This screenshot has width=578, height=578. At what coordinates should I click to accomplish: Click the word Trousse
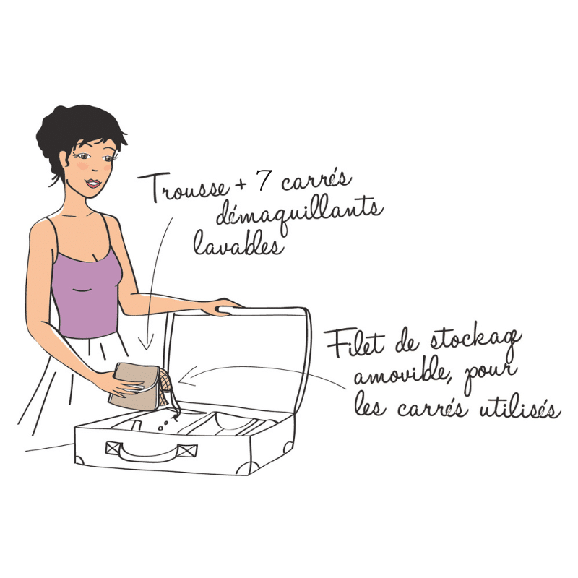pos(184,188)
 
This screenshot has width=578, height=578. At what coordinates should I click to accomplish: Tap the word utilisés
pos(519,407)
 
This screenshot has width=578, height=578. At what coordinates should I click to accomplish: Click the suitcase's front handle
pos(152,451)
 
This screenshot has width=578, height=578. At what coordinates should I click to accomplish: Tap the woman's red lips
pos(93,183)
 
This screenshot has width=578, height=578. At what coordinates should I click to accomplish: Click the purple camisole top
pos(87,288)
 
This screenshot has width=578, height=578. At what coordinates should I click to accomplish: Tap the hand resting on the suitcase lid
pos(223,306)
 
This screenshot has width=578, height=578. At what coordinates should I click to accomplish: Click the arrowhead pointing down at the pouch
pos(147,344)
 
